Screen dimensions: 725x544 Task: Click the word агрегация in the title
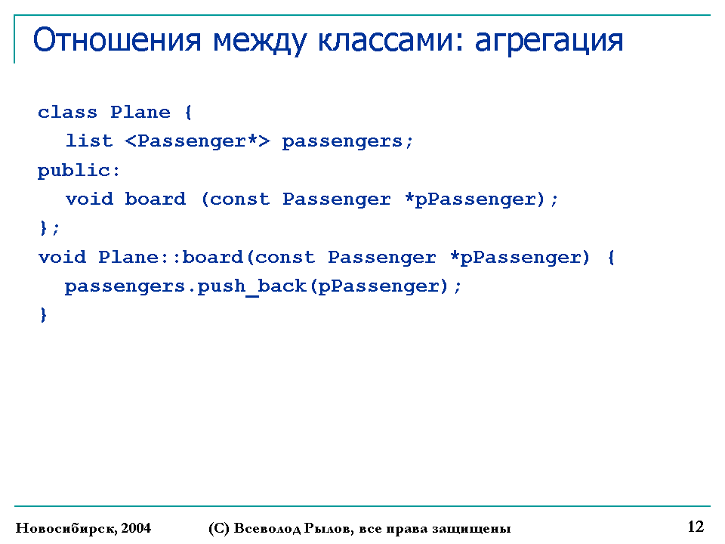pyautogui.click(x=549, y=41)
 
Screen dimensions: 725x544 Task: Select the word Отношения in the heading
pyautogui.click(x=117, y=40)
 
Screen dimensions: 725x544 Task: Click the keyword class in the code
pyautogui.click(x=67, y=113)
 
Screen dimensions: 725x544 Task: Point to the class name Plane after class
pyautogui.click(x=140, y=113)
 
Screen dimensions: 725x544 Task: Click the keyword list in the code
pyautogui.click(x=89, y=141)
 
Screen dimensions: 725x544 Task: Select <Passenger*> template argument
pyautogui.click(x=197, y=141)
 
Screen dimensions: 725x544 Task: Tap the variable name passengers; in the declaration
pyautogui.click(x=347, y=142)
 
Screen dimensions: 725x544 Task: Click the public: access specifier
pyautogui.click(x=79, y=171)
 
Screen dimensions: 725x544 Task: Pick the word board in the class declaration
pyautogui.click(x=156, y=199)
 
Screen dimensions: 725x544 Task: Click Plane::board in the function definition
pyautogui.click(x=171, y=257)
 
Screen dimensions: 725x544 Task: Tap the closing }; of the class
pyautogui.click(x=49, y=228)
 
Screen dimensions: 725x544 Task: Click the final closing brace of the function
pyautogui.click(x=44, y=315)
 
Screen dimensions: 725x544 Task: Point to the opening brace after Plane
pyautogui.click(x=188, y=113)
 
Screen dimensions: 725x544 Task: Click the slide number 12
pyautogui.click(x=696, y=527)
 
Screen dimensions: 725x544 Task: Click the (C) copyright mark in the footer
pyautogui.click(x=219, y=528)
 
